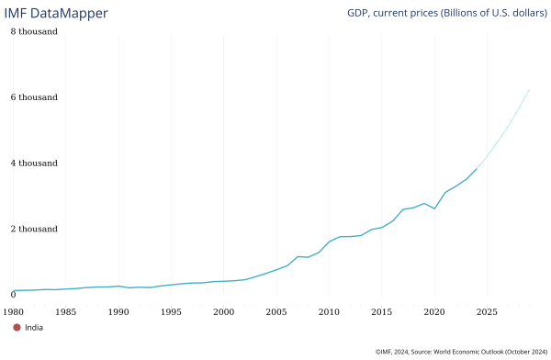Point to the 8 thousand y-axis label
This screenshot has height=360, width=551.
[x=34, y=31]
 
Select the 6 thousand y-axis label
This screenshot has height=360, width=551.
[x=34, y=97]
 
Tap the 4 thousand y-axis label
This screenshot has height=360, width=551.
[x=34, y=163]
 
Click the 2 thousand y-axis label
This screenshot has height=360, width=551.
[x=34, y=229]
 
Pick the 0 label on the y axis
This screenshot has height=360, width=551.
[x=13, y=295]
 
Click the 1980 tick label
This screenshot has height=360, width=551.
[x=13, y=312]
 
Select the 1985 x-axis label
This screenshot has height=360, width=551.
[x=65, y=312]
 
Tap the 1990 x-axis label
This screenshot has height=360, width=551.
[x=118, y=312]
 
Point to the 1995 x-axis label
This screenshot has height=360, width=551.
[x=171, y=312]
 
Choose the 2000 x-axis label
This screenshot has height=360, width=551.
[x=223, y=312]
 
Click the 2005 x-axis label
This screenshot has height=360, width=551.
[x=276, y=312]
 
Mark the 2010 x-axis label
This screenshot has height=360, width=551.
[x=329, y=312]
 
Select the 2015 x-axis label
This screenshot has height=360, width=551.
[x=381, y=312]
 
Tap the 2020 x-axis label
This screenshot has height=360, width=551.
[x=434, y=312]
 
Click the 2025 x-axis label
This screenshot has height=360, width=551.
[x=487, y=312]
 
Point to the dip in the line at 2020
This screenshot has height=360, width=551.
[x=434, y=208]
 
